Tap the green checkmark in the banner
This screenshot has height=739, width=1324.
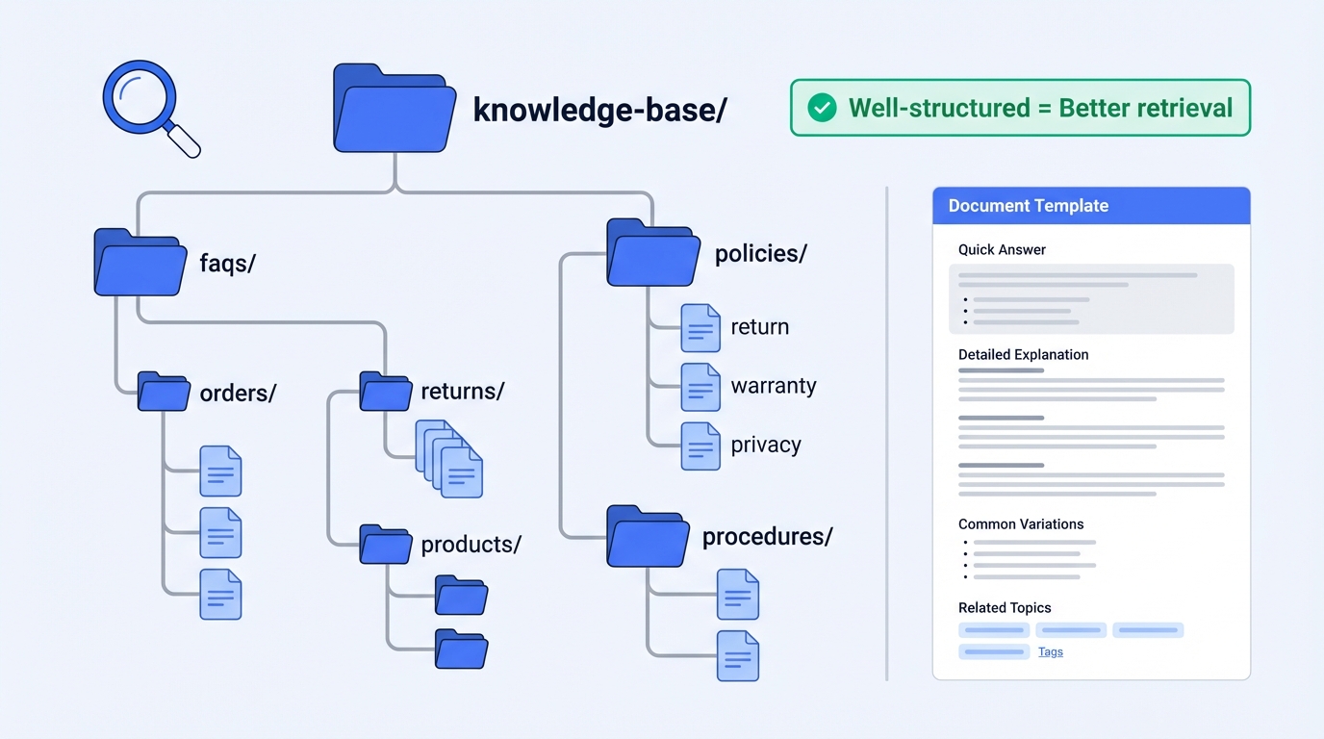822,108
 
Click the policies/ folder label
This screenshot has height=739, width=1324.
760,254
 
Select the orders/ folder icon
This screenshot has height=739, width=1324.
164,393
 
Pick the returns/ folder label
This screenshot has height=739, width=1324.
462,392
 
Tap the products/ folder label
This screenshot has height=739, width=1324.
471,545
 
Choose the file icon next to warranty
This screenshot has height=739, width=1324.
700,387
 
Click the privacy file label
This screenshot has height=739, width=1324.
766,446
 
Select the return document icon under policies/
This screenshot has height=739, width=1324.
700,328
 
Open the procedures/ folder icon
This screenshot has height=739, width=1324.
648,536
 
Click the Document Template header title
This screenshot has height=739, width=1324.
1028,206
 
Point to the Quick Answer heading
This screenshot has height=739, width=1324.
1002,250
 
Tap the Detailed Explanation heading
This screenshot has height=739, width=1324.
1023,355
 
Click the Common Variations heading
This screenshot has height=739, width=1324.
1020,524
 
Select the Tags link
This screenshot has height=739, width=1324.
1051,652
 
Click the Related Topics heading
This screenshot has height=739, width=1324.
1005,608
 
